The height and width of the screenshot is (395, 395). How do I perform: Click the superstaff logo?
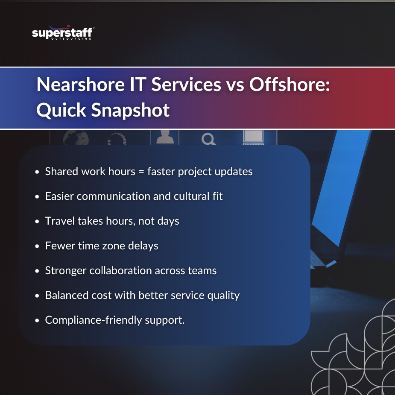click(63, 33)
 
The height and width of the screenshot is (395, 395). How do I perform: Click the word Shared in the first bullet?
click(60, 171)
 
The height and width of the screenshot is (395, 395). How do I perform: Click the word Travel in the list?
click(59, 221)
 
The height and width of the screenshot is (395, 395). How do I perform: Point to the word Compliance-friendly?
click(92, 320)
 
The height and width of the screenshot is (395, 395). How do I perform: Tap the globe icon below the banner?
click(76, 138)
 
